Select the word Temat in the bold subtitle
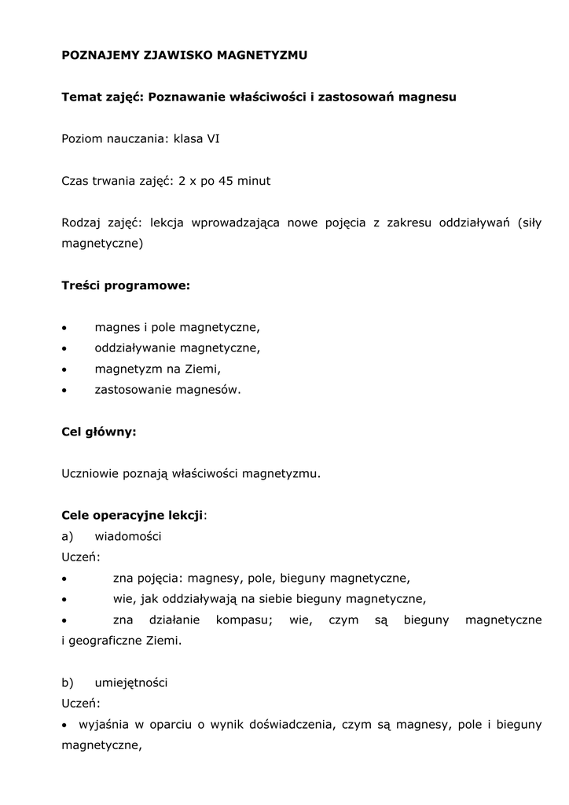tap(81, 97)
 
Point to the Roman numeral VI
tap(213, 138)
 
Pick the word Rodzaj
tap(82, 222)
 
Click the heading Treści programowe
tap(126, 285)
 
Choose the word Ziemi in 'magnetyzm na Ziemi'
tap(203, 368)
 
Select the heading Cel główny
tap(99, 432)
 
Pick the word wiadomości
tap(128, 536)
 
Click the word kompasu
tap(244, 620)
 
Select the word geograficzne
tap(106, 641)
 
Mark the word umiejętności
tap(130, 683)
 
